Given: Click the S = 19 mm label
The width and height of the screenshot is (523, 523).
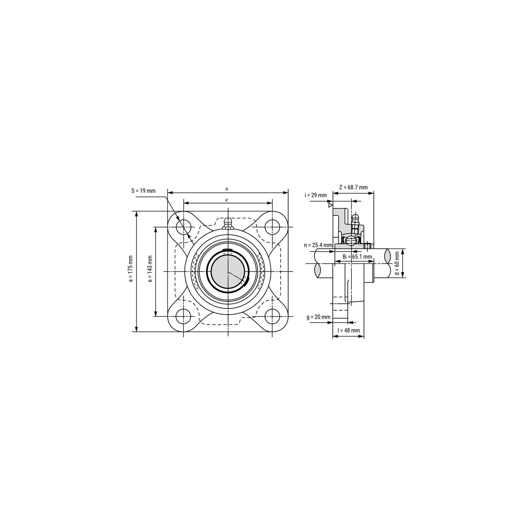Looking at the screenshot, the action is tap(143, 191).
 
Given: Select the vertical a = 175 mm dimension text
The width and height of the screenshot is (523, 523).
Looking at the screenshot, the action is tap(131, 269).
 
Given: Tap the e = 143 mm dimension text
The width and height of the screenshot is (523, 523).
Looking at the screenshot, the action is tap(150, 269).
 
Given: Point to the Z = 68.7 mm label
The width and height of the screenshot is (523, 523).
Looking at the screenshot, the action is tap(353, 187).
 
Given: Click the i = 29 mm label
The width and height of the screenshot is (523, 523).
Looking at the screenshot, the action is tap(315, 195).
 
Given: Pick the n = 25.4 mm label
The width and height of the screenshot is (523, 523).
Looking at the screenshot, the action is tap(318, 245).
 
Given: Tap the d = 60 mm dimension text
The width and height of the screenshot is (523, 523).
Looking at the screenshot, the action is tap(397, 263).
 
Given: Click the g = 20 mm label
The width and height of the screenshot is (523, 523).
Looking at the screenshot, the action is tap(318, 317).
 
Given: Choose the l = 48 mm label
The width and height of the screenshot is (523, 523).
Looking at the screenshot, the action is tap(348, 330).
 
